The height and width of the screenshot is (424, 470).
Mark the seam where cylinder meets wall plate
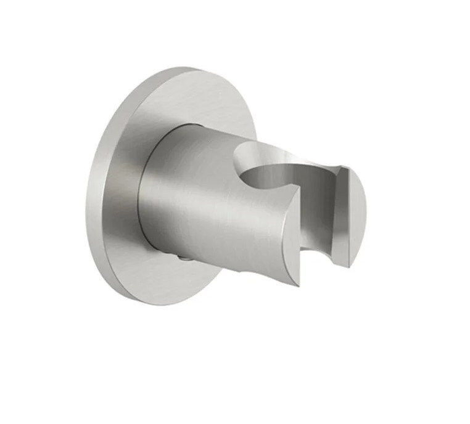coord(148,185)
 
